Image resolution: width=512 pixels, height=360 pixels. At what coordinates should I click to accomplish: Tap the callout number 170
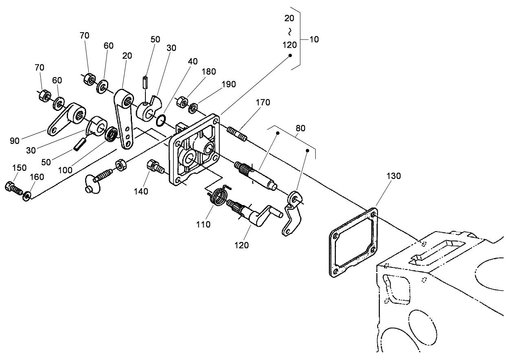point(263,103)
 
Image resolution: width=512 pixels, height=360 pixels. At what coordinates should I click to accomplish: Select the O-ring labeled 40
point(161,120)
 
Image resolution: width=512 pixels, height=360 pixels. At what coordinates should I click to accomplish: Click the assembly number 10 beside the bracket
point(314,40)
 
